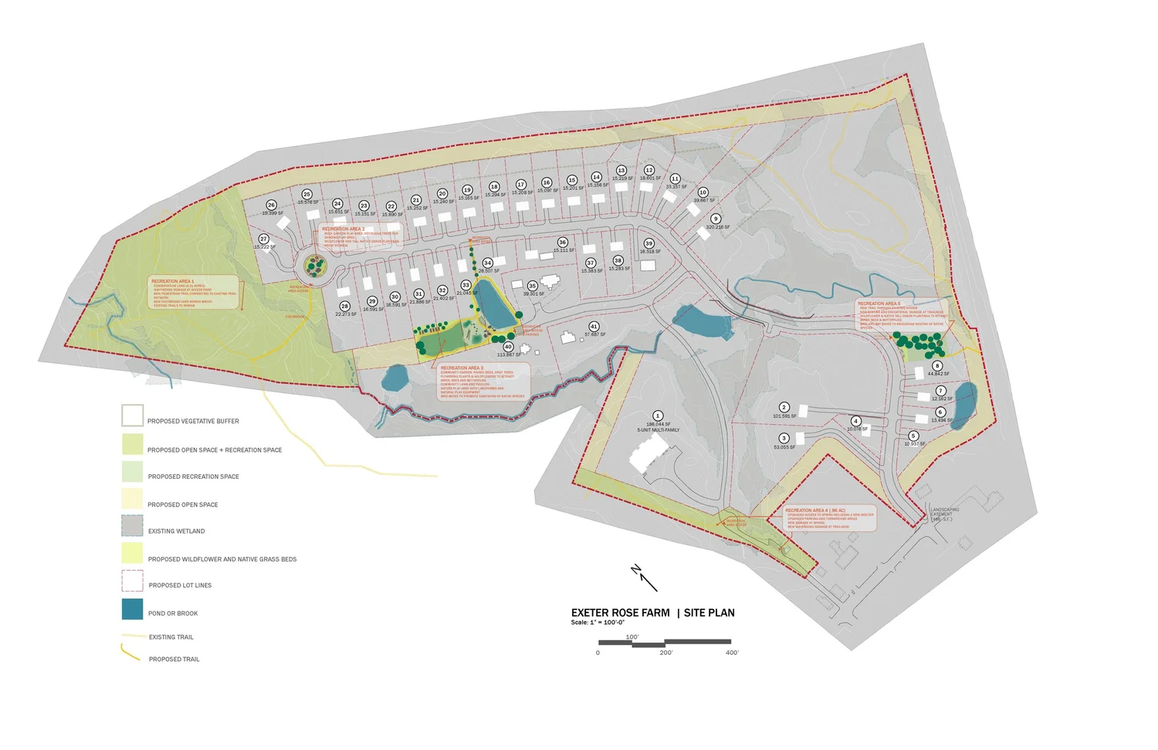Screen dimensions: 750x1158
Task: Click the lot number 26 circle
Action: click(271, 205)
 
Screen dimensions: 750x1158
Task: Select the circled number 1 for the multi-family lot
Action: click(658, 416)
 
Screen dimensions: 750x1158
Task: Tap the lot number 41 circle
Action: click(594, 327)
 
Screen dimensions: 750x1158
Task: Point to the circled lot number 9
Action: click(715, 219)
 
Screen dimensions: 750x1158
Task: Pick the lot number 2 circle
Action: click(784, 407)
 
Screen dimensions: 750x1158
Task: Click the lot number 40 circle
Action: click(508, 347)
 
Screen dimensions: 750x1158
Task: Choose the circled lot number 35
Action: click(532, 286)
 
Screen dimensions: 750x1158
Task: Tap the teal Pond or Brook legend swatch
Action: click(132, 609)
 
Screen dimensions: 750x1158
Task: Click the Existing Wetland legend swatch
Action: click(132, 526)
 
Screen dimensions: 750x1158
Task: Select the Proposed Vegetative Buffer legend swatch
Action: click(132, 416)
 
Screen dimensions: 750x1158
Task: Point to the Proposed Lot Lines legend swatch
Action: click(132, 581)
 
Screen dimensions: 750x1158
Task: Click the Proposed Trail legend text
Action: click(174, 660)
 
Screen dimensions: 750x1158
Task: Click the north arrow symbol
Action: click(643, 577)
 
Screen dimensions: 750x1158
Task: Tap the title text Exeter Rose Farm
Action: click(621, 613)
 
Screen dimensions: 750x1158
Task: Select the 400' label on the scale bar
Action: click(732, 653)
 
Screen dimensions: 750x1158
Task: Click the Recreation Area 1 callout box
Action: click(193, 293)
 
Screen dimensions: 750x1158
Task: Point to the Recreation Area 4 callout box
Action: click(830, 518)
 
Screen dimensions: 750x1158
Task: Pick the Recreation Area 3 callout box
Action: click(484, 382)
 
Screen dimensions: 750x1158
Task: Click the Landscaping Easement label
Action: click(945, 514)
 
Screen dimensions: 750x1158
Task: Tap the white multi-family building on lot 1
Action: click(644, 456)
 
